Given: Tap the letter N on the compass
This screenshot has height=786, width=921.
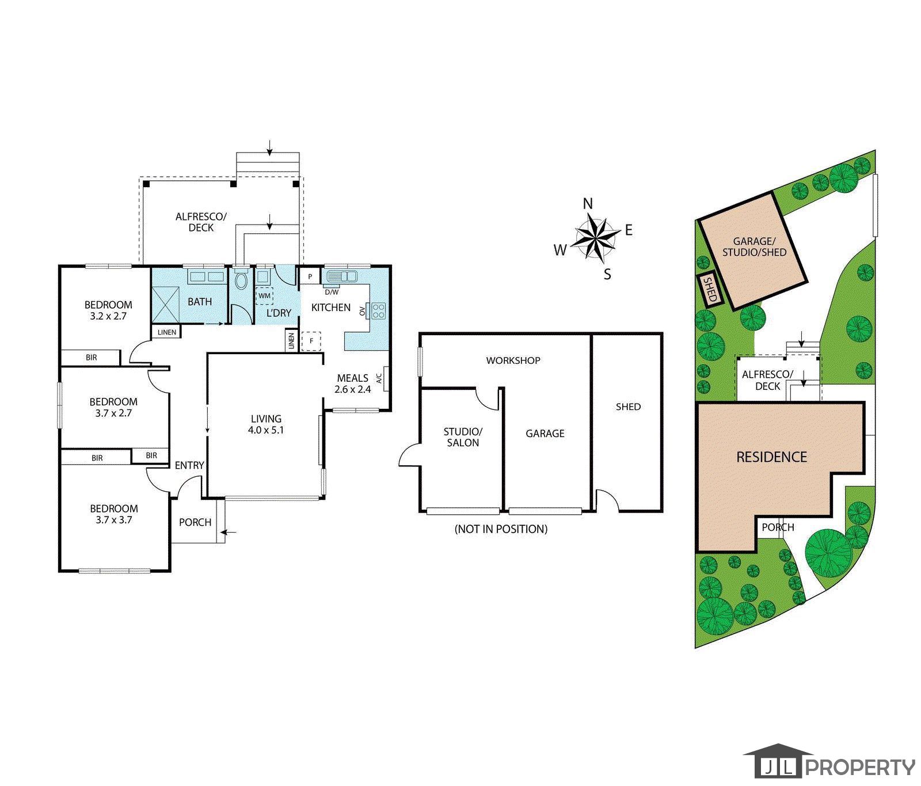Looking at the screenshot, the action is click(588, 203).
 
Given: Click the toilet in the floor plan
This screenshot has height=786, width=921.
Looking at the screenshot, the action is click(241, 279).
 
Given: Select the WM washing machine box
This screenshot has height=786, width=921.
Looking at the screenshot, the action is click(264, 295).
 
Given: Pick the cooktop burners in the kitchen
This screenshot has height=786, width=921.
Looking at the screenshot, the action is click(378, 311).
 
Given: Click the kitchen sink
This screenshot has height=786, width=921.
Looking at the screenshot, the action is click(342, 276).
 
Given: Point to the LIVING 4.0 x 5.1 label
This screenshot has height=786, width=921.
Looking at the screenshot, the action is click(266, 424).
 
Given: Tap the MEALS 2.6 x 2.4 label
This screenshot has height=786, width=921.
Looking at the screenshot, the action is click(353, 383).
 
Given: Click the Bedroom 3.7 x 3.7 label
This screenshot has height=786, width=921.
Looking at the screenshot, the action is click(114, 514).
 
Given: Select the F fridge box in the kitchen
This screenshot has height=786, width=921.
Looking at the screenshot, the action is click(311, 341).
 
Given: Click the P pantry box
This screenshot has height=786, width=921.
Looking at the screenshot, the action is click(310, 276).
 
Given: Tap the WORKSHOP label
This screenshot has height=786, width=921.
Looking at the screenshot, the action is click(513, 360).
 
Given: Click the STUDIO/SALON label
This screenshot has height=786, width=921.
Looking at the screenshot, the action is click(463, 437).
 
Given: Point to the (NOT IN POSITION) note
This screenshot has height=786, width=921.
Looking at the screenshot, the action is click(501, 529).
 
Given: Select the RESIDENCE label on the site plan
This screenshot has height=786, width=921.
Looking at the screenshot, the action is click(771, 457).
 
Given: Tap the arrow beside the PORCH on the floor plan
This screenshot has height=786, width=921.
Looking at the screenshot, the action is click(229, 533).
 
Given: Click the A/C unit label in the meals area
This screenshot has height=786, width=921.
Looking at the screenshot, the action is click(379, 378).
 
